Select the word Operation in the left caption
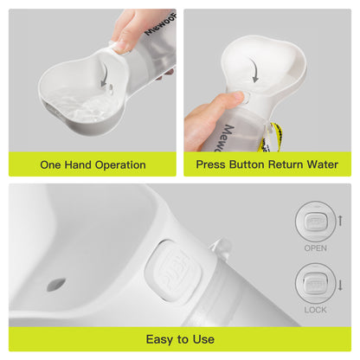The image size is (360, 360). (119, 164)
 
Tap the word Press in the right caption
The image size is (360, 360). (213, 164)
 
